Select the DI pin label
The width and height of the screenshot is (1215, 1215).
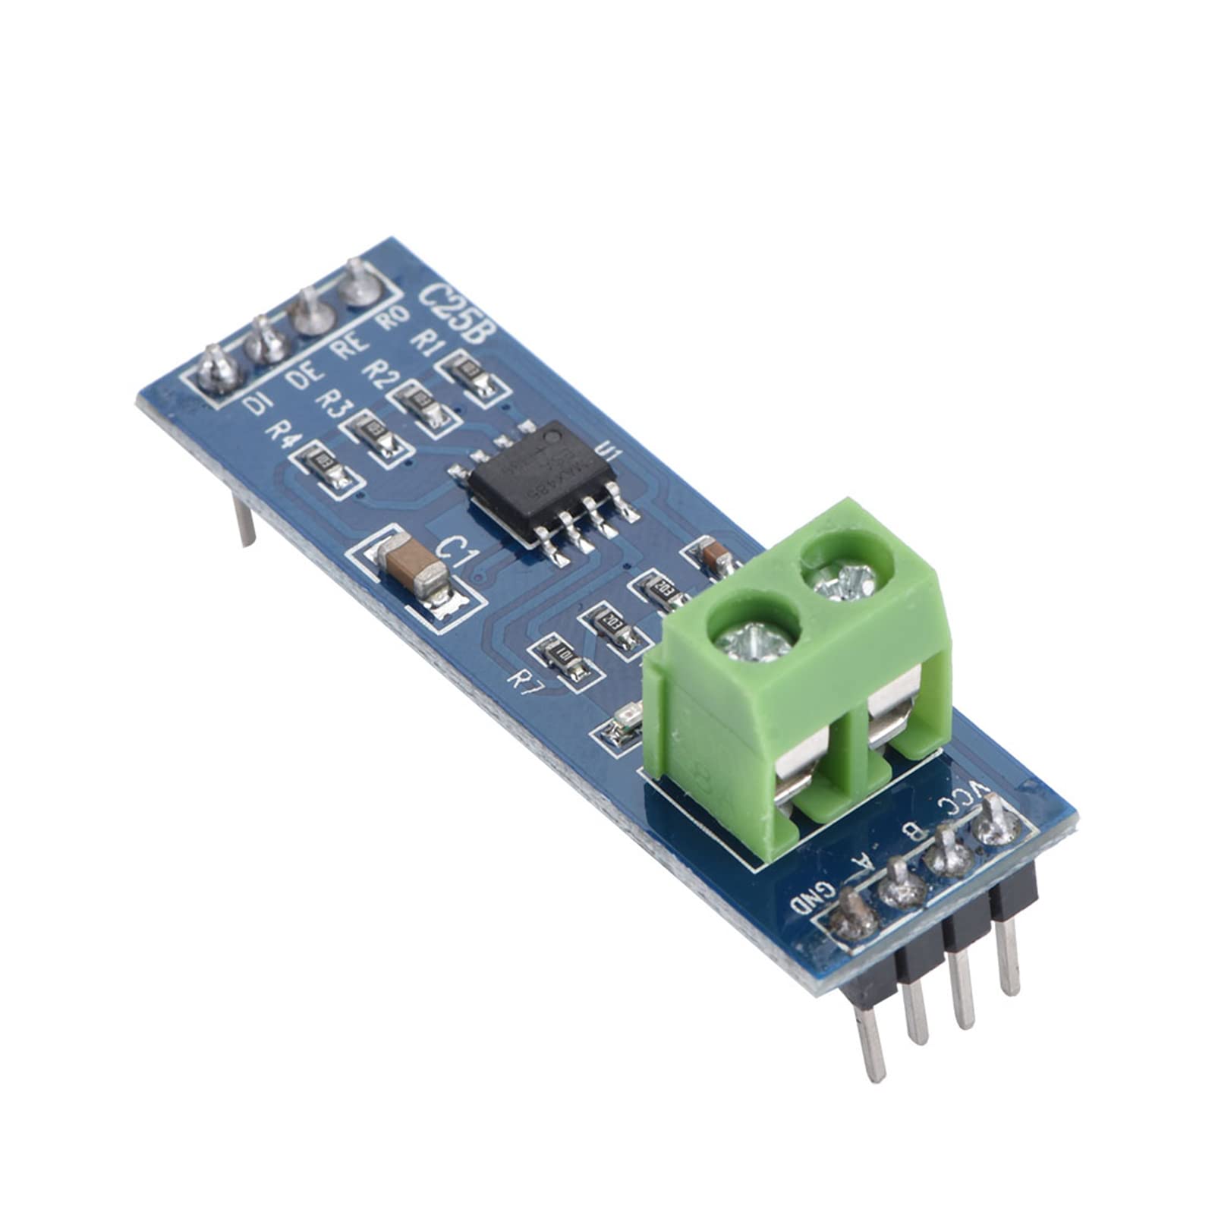pos(257,401)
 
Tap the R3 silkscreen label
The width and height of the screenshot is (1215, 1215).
pos(331,401)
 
